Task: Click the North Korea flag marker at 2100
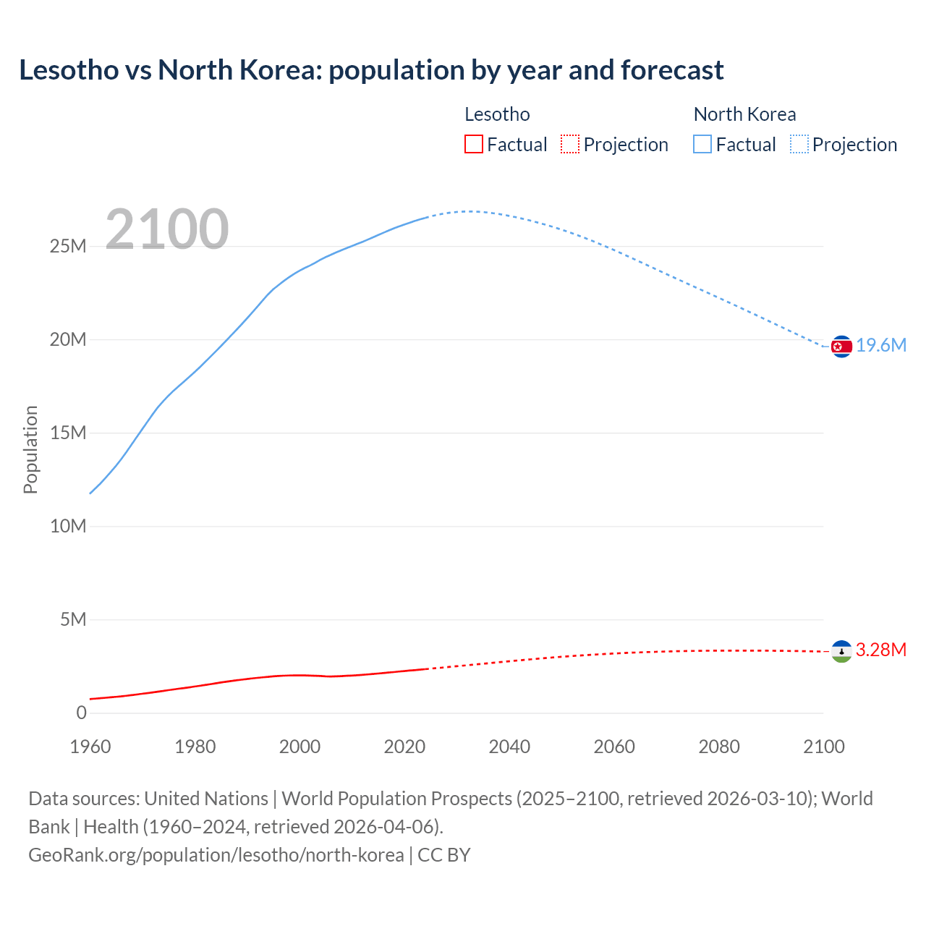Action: coord(841,347)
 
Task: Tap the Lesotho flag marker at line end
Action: coord(841,651)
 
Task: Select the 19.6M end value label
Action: coord(881,346)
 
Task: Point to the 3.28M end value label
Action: coord(880,650)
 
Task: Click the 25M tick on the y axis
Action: coord(68,247)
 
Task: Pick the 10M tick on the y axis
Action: coord(68,527)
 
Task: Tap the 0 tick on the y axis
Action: coord(81,713)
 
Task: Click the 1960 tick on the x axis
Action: coord(90,747)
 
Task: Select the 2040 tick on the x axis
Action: coord(509,747)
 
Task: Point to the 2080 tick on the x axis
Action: coord(719,747)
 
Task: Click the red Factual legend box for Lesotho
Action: coord(474,145)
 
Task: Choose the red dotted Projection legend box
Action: coord(570,145)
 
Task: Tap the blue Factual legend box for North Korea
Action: coord(702,145)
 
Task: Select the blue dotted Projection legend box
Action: coord(799,145)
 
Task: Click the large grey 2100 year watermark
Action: coord(167,230)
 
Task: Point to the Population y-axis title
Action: coord(30,449)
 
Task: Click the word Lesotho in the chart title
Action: coord(69,70)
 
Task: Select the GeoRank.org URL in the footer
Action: coord(216,855)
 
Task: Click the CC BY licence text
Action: coord(444,855)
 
